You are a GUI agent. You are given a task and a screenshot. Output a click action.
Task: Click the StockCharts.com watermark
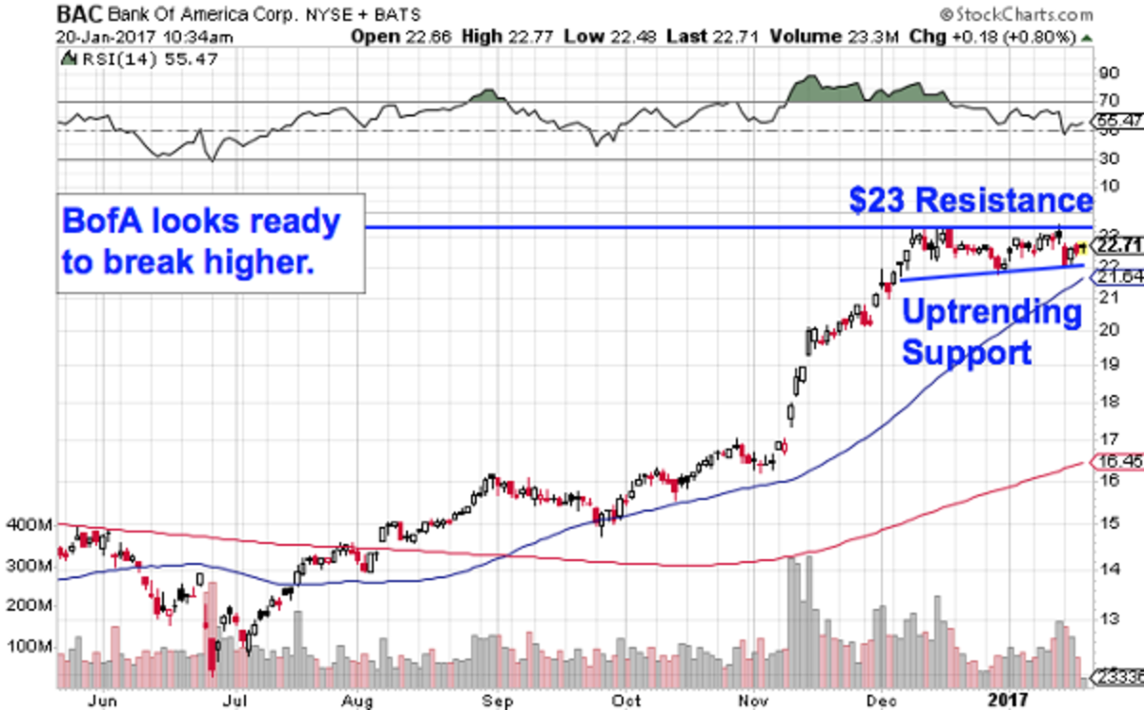point(1016,14)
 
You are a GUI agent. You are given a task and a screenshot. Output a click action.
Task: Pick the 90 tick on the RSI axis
point(1109,73)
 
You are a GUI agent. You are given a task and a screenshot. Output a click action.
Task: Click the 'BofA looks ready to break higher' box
point(211,242)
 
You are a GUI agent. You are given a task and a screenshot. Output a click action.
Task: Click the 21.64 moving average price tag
point(1116,277)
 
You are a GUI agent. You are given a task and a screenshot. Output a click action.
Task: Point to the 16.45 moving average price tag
point(1116,462)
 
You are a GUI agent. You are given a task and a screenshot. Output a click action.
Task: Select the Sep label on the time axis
point(493,699)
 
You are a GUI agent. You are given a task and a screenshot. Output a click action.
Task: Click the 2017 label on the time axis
point(1011,699)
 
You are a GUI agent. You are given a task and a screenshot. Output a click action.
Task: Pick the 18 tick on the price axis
point(1109,402)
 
